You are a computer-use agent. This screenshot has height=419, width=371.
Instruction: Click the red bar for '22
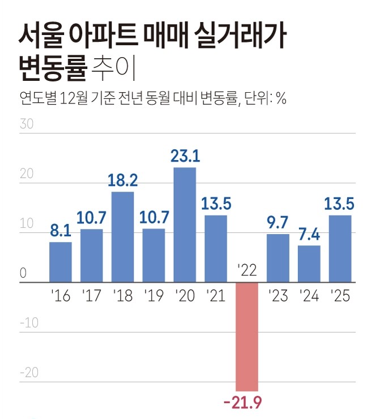[247, 336]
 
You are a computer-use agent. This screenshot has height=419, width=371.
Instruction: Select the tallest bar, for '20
[185, 224]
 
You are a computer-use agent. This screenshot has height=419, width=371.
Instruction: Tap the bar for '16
[61, 262]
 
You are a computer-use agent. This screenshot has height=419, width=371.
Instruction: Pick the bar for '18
[122, 237]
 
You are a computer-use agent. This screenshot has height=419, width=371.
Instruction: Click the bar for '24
[309, 264]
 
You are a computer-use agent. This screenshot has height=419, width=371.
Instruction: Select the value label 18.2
[123, 181]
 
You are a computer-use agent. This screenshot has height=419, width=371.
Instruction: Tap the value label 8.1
[61, 231]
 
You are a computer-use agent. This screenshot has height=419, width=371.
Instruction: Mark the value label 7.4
[309, 234]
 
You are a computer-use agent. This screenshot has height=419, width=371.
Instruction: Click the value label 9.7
[278, 222]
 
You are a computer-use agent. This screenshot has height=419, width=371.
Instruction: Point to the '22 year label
[247, 270]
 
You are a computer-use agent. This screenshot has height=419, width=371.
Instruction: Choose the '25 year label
[340, 296]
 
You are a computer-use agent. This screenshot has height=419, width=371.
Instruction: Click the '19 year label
[153, 296]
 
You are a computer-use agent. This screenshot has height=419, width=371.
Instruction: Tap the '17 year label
[92, 296]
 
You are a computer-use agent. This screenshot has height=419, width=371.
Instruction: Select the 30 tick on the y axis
[26, 124]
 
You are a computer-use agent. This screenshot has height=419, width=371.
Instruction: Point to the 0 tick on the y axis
[23, 273]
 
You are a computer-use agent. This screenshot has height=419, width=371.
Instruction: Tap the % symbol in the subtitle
[282, 99]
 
